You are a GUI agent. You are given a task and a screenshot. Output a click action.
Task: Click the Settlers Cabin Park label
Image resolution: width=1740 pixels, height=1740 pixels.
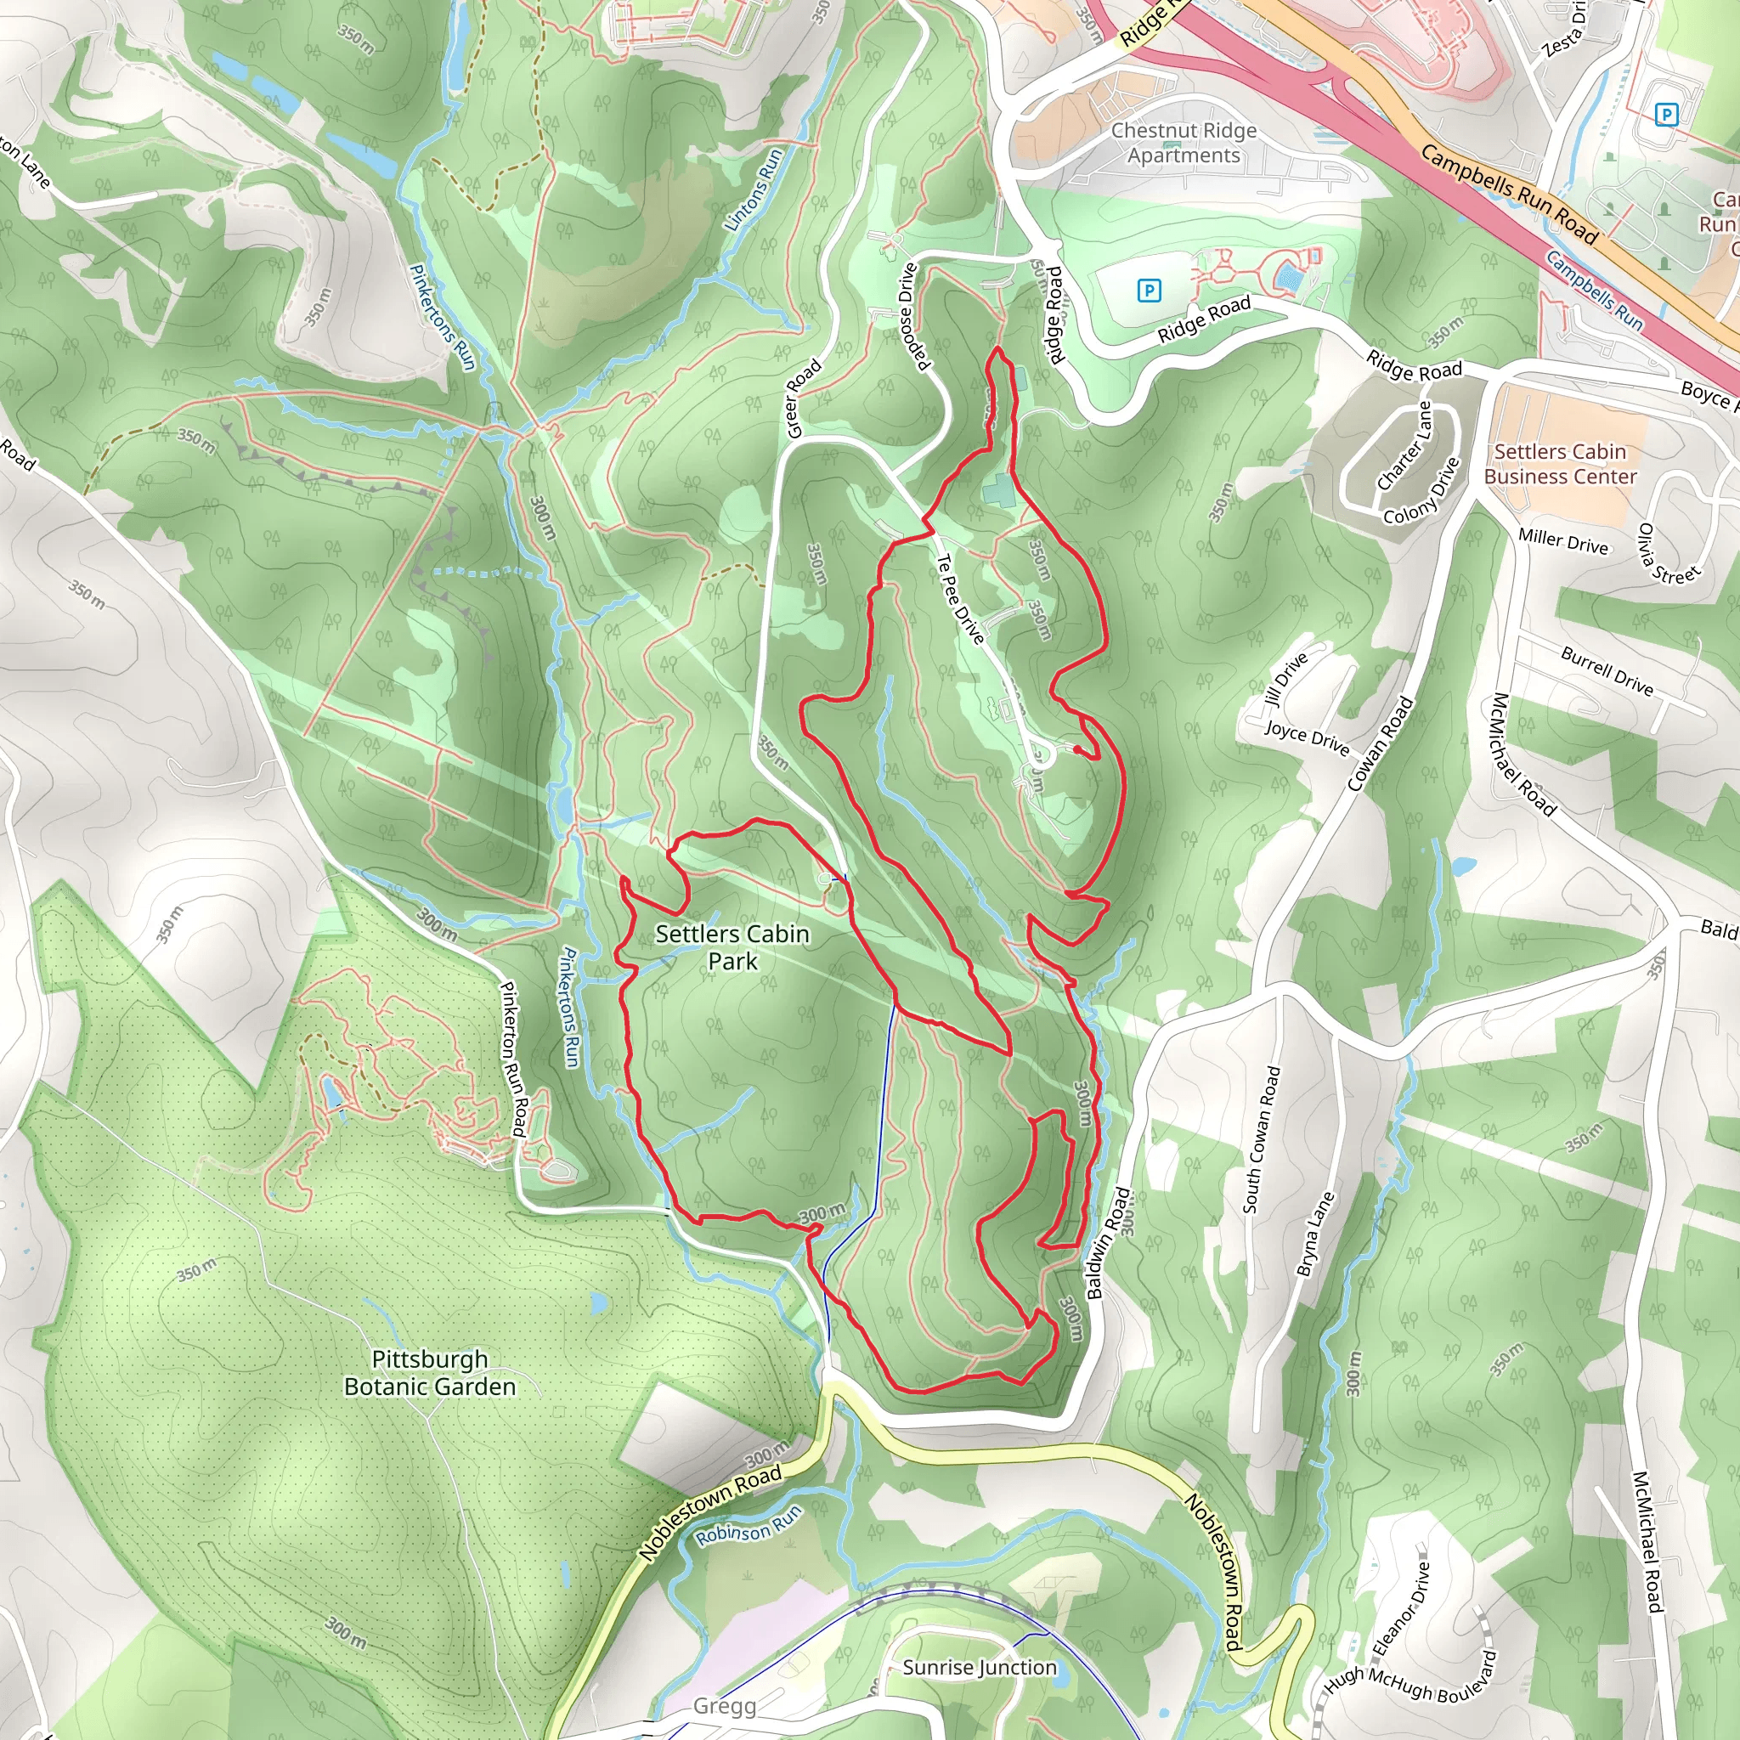click(732, 947)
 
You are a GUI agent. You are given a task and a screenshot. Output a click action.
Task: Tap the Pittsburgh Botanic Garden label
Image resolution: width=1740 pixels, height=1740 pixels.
click(430, 1373)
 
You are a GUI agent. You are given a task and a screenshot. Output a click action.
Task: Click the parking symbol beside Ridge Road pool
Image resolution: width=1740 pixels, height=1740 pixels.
click(1149, 290)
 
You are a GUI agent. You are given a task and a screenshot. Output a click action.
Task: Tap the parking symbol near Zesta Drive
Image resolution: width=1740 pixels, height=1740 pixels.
click(1666, 115)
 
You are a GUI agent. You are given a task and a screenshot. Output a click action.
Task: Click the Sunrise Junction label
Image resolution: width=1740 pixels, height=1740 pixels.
click(979, 1667)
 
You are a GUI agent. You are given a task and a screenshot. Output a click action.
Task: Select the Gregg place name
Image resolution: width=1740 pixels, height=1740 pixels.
click(724, 1706)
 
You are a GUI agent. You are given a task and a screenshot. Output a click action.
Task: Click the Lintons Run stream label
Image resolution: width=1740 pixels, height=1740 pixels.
click(754, 190)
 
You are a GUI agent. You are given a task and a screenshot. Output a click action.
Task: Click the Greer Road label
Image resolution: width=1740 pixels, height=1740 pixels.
click(804, 398)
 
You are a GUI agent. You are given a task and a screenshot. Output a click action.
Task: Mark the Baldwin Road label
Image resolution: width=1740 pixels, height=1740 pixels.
click(1107, 1244)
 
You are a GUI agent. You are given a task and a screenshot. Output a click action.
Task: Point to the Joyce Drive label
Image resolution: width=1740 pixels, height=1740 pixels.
click(1307, 737)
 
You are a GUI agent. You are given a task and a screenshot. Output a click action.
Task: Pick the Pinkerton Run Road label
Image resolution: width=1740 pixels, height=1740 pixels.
click(513, 1059)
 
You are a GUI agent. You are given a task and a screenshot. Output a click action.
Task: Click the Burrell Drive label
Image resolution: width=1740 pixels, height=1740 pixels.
click(1607, 672)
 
